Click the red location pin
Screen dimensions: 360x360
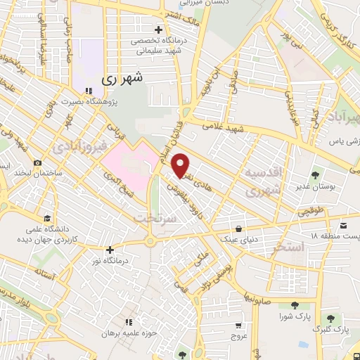pos(181,165)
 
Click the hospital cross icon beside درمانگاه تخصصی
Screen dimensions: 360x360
pos(159,30)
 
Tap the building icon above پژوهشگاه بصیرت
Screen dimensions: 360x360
pos(89,91)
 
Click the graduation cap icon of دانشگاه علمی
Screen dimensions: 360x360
pos(47,218)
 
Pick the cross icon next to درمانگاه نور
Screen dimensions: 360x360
pos(109,250)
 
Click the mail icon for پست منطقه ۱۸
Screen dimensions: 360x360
pos(343,225)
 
